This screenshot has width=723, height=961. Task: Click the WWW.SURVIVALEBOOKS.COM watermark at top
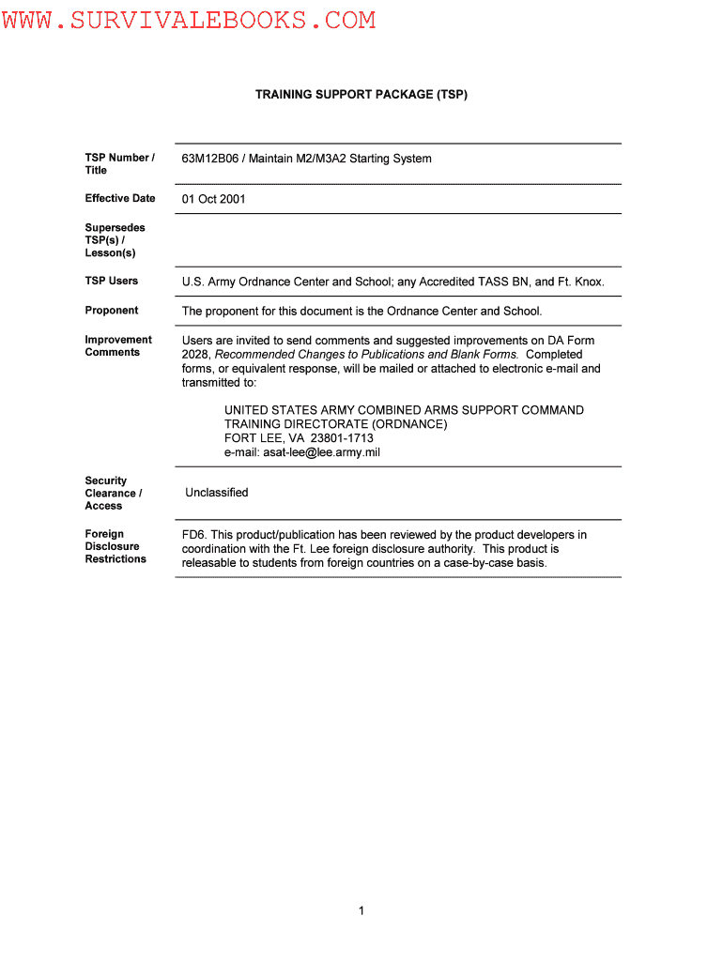coord(189,20)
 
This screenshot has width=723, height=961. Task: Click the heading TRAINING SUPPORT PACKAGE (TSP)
coord(361,95)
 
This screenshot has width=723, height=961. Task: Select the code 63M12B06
coord(210,159)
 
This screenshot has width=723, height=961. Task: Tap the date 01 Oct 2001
coord(214,199)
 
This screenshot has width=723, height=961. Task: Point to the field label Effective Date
coord(120,198)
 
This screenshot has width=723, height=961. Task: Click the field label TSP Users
coord(111,281)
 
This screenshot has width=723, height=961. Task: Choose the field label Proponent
coord(111,310)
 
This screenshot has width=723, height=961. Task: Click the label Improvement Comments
coord(118,345)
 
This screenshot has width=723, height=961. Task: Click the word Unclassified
coord(217,493)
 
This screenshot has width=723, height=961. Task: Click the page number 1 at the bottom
coord(361,910)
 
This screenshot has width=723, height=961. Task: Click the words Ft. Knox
coord(582,282)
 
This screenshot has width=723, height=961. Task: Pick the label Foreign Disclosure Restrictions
coord(115,546)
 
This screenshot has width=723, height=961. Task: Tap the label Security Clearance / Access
coord(113,493)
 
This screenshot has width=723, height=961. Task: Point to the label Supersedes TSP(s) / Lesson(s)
coord(115,240)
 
